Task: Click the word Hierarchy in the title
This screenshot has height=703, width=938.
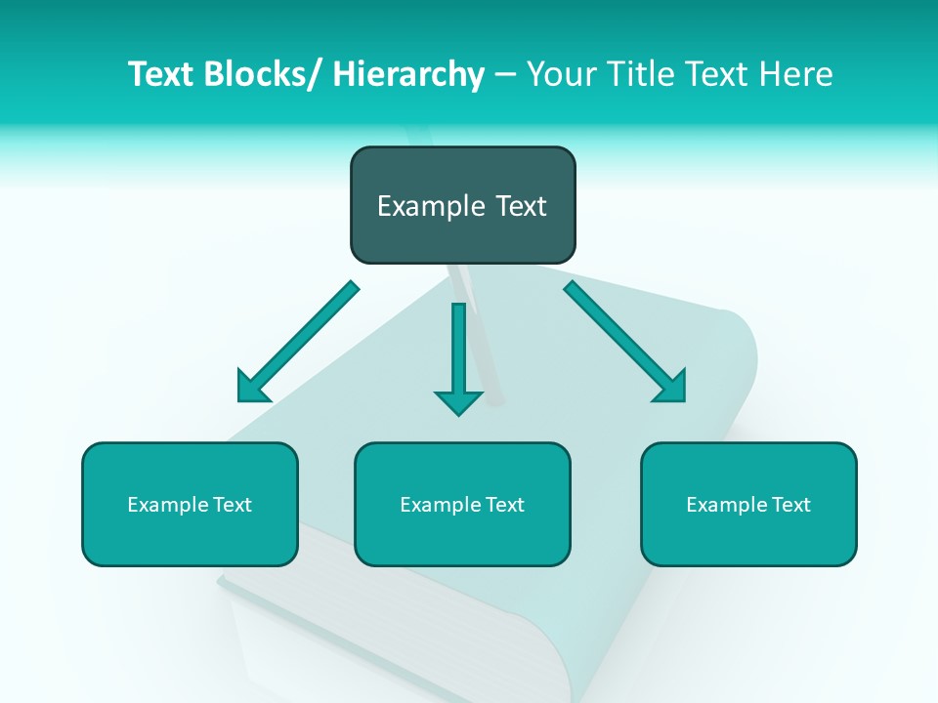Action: [x=408, y=74]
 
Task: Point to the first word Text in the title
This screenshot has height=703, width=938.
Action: [x=163, y=74]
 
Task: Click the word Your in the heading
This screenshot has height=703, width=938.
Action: [x=561, y=74]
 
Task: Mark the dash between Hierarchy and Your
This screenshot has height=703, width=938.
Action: [x=504, y=75]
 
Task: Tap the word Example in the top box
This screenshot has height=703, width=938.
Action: [x=431, y=206]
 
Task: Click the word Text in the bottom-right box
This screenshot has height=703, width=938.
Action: [x=789, y=505]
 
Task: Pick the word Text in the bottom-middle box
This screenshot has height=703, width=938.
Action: [x=503, y=505]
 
